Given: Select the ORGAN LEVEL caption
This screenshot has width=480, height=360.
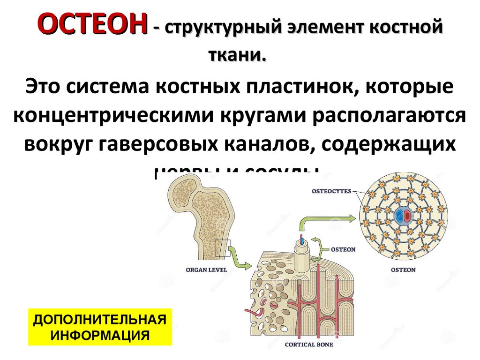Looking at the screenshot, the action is [206, 270].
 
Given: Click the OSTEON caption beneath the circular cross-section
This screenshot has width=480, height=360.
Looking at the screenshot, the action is [403, 270].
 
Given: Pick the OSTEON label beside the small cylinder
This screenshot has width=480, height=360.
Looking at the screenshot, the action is [343, 249].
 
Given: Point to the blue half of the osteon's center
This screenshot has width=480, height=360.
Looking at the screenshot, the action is [399, 217].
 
